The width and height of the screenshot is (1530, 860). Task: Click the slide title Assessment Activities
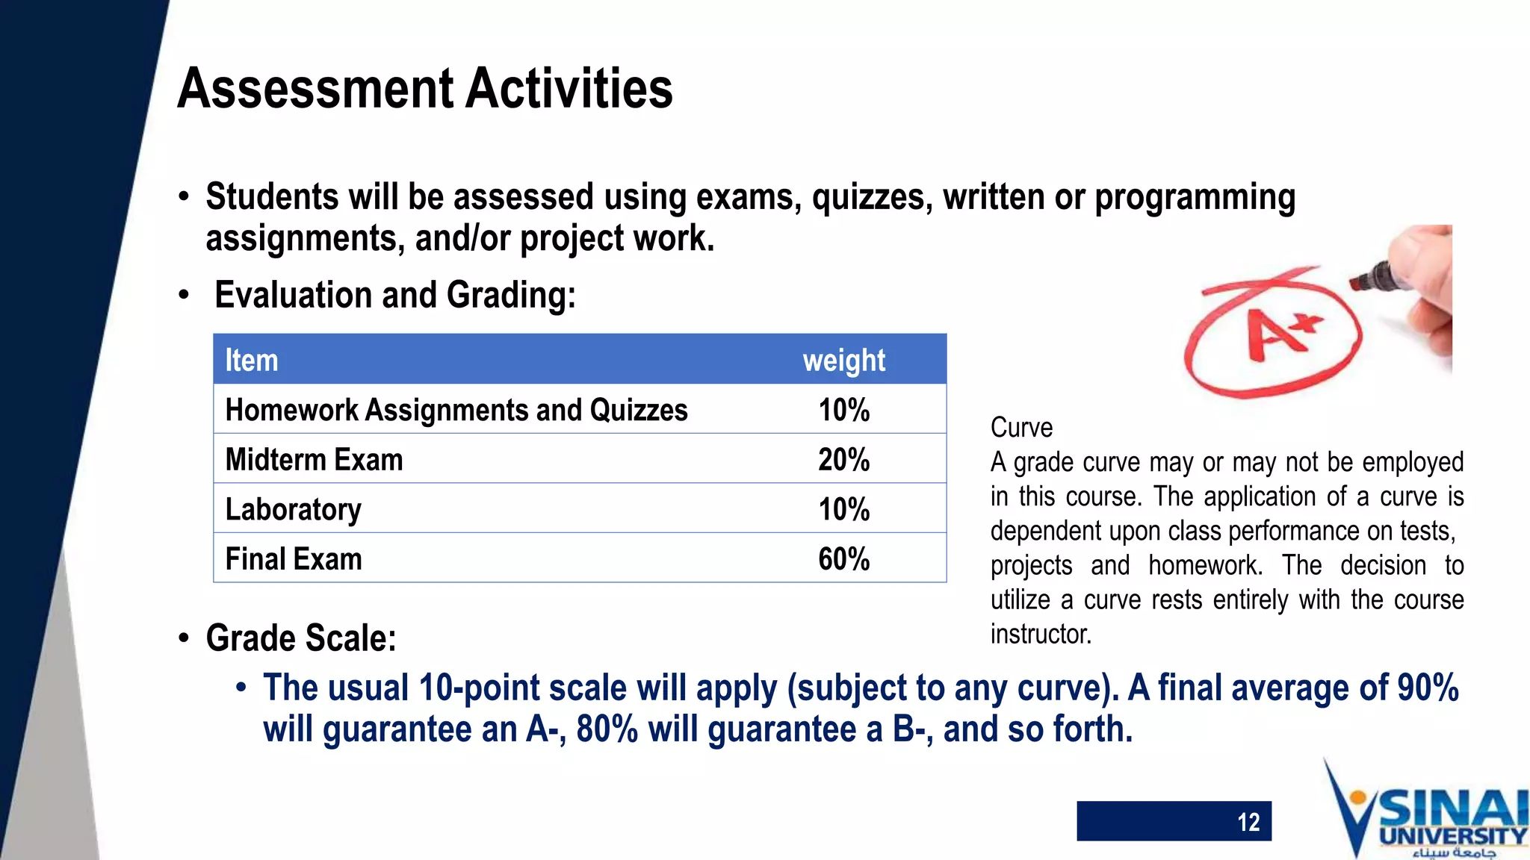(x=425, y=89)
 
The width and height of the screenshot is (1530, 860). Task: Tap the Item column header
(x=252, y=361)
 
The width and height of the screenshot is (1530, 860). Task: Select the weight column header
(x=843, y=361)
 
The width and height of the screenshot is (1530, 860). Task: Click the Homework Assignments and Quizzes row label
(x=456, y=410)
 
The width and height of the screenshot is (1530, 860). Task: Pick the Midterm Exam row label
(x=314, y=460)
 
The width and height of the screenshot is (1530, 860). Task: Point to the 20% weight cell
(x=843, y=460)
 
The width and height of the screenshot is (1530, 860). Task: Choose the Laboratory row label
(x=293, y=510)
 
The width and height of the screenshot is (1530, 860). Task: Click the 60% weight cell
(x=843, y=559)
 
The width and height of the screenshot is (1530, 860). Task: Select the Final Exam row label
(x=294, y=559)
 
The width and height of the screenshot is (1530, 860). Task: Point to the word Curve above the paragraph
(x=1021, y=428)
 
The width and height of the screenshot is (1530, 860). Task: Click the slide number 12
(x=1248, y=822)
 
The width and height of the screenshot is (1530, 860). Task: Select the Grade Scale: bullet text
(x=301, y=638)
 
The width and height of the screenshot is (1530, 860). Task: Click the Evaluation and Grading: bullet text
(x=395, y=295)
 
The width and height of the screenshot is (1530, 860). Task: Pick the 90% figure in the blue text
(x=1427, y=688)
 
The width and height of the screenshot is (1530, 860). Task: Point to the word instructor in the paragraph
(x=1041, y=634)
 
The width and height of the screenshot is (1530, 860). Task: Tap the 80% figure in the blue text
(x=607, y=729)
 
